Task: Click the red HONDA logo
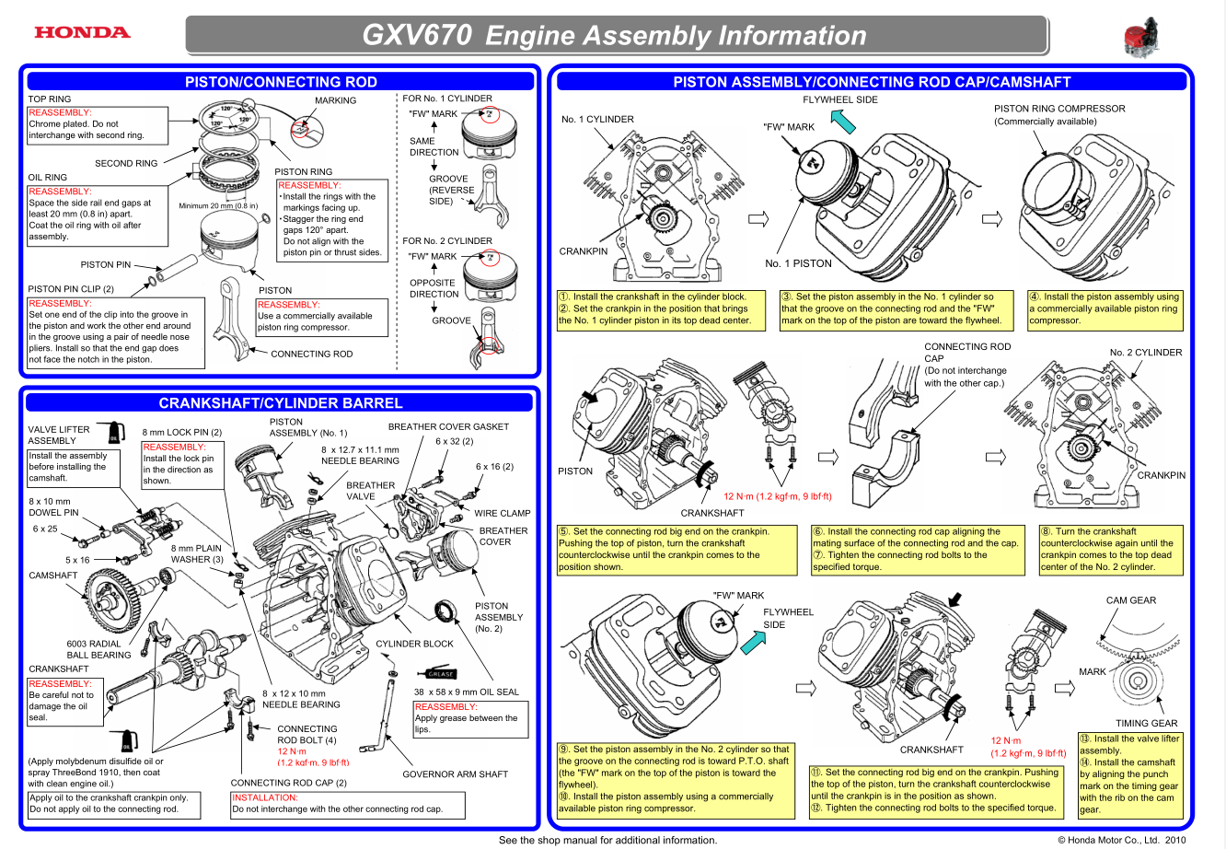point(82,32)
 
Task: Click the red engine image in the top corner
point(1140,38)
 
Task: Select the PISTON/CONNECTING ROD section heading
point(281,82)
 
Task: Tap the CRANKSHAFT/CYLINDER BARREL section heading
point(280,402)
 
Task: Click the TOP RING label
point(50,99)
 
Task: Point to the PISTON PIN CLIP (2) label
point(71,289)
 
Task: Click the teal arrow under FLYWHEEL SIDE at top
point(842,121)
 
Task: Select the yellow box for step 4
point(1105,308)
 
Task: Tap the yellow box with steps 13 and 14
point(1129,774)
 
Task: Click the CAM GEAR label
point(1130,600)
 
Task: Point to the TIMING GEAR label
point(1146,724)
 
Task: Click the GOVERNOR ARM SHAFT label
point(455,774)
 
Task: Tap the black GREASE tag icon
point(441,673)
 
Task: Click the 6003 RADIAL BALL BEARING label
point(98,649)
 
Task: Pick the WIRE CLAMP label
point(502,513)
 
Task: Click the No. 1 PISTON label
point(798,263)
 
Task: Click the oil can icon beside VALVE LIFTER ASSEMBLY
point(115,432)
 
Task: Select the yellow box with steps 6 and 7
point(916,549)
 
